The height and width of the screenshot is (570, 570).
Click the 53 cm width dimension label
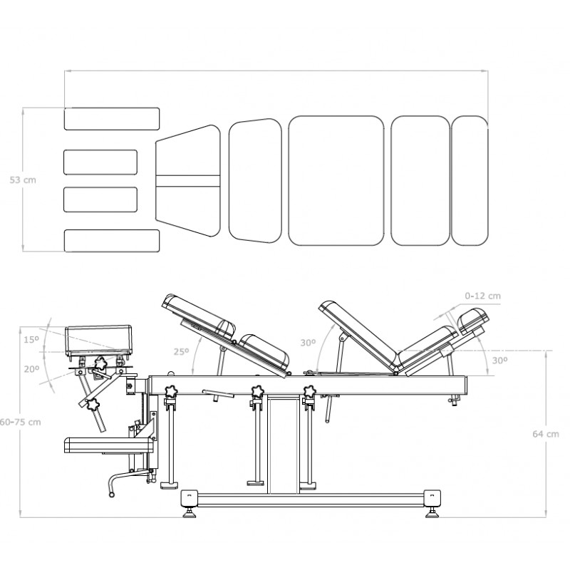pyautogui.click(x=23, y=180)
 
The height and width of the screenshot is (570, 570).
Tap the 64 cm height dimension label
pyautogui.click(x=546, y=434)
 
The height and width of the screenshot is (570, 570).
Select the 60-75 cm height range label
pyautogui.click(x=21, y=422)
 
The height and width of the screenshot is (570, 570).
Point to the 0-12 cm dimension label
pyautogui.click(x=483, y=296)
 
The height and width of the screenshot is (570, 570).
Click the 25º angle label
pyautogui.click(x=181, y=351)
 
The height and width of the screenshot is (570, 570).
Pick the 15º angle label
pyautogui.click(x=31, y=340)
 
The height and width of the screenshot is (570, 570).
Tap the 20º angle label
pyautogui.click(x=31, y=369)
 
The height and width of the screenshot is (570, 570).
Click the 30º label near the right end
pyautogui.click(x=500, y=361)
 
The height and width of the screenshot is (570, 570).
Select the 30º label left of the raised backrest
pyautogui.click(x=308, y=343)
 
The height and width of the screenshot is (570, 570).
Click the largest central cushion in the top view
pyautogui.click(x=336, y=181)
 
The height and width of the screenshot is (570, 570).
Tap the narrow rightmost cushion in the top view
pyautogui.click(x=470, y=181)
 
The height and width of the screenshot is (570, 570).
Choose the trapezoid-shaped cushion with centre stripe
pyautogui.click(x=188, y=181)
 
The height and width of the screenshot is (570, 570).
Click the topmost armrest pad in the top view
pyautogui.click(x=112, y=119)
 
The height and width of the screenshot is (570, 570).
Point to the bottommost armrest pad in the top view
pyautogui.click(x=112, y=241)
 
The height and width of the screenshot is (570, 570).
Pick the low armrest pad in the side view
pyautogui.click(x=109, y=445)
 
